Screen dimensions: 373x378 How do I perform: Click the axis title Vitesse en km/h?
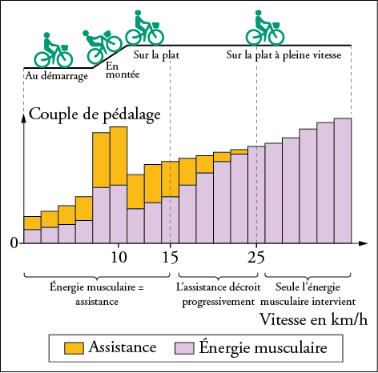point(314,319)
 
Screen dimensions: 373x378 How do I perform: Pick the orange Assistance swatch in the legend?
point(74,348)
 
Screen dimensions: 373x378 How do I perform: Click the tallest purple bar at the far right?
point(343,180)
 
